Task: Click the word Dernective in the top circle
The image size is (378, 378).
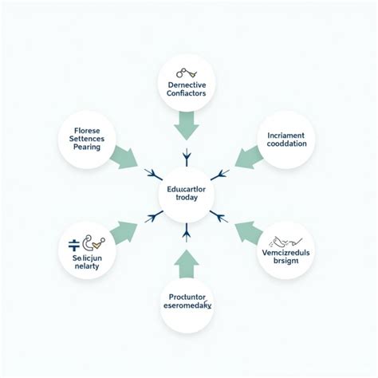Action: (187, 85)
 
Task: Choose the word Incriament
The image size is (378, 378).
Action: (281, 135)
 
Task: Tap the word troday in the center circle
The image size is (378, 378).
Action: (187, 200)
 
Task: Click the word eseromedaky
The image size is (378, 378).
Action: (187, 304)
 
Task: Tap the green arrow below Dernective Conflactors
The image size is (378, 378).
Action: (187, 124)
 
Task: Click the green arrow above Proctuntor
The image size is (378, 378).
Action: (187, 262)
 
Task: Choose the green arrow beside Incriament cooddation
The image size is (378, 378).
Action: (246, 157)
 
